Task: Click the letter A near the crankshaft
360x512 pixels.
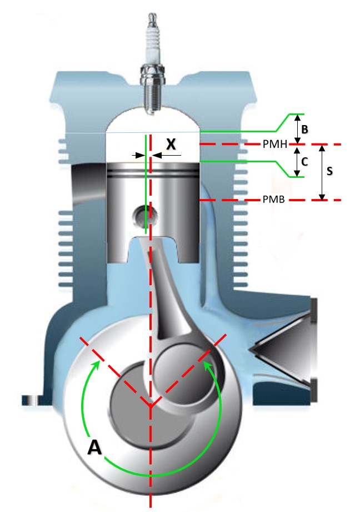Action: [x=95, y=447]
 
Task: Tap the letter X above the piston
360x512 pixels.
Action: [x=171, y=145]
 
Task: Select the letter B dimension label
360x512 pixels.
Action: [x=304, y=129]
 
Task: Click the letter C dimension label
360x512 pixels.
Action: [x=304, y=161]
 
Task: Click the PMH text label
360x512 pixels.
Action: [x=274, y=145]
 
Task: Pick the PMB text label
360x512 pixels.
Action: [x=274, y=200]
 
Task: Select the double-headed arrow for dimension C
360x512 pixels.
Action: [x=297, y=161]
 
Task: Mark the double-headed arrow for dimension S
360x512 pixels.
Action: [x=321, y=172]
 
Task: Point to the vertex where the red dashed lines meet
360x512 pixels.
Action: [x=151, y=407]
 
